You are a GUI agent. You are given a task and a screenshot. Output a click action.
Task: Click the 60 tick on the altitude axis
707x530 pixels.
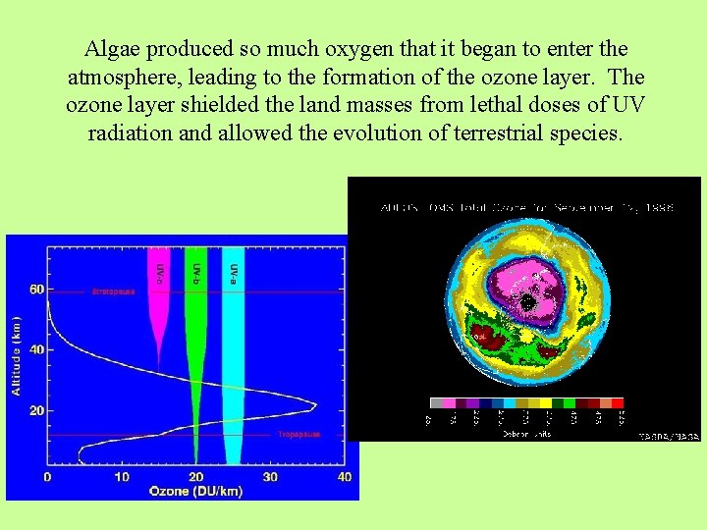(36, 291)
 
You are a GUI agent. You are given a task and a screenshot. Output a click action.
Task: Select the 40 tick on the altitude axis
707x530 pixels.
(36, 350)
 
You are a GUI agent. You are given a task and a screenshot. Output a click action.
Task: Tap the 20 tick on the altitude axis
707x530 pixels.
(36, 410)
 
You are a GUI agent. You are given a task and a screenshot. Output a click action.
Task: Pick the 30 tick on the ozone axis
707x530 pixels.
(271, 477)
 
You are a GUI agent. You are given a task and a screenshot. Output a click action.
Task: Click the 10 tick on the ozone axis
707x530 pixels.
(122, 477)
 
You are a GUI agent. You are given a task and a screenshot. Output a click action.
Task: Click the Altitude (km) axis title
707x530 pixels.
(16, 355)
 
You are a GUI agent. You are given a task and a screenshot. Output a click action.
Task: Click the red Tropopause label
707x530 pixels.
(296, 433)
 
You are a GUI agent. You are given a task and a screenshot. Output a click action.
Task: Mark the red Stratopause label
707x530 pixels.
(113, 291)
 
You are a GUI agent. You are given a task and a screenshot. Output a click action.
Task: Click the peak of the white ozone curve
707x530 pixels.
(314, 404)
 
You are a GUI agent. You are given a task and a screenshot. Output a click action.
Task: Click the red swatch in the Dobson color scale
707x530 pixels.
(618, 402)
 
